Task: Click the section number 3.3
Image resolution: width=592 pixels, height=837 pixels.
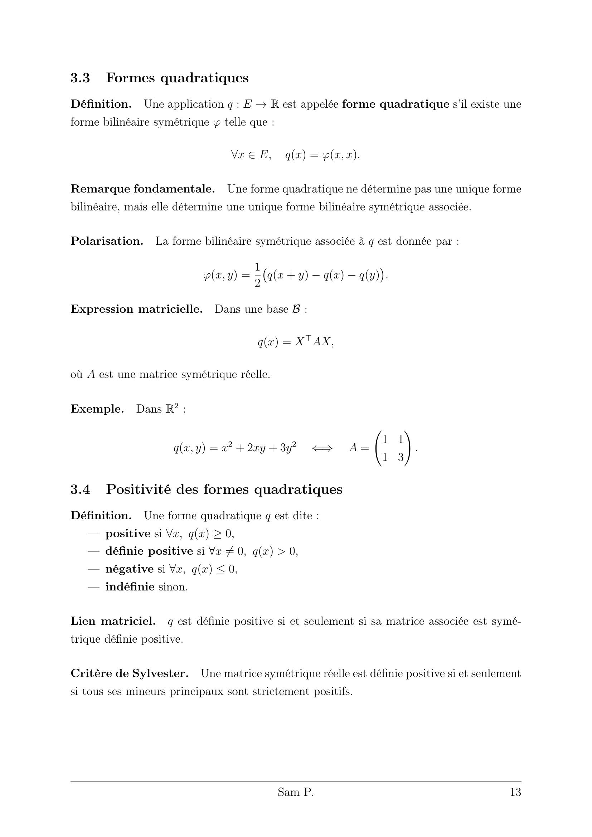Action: click(x=80, y=78)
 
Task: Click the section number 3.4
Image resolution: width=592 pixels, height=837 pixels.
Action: click(x=80, y=489)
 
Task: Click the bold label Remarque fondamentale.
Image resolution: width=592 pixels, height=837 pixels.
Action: click(x=142, y=189)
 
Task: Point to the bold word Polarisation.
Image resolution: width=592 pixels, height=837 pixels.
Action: click(x=107, y=241)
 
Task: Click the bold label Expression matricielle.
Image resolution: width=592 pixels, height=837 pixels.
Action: click(x=136, y=309)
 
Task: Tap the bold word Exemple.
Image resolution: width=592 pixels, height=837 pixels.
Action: click(x=97, y=409)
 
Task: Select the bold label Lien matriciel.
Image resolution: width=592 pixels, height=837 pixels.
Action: click(x=113, y=621)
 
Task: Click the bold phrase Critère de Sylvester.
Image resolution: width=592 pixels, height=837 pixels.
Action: click(x=130, y=673)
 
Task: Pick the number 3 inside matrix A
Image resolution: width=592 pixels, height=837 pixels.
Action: click(x=401, y=457)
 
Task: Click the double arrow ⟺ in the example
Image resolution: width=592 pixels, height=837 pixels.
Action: click(x=322, y=448)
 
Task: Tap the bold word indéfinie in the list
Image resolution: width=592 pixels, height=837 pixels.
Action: click(x=130, y=587)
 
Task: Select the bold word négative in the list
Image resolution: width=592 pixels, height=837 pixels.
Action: click(x=130, y=569)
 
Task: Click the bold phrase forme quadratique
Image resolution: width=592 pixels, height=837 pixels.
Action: click(x=396, y=104)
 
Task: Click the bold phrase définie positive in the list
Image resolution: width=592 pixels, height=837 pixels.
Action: click(x=149, y=551)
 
